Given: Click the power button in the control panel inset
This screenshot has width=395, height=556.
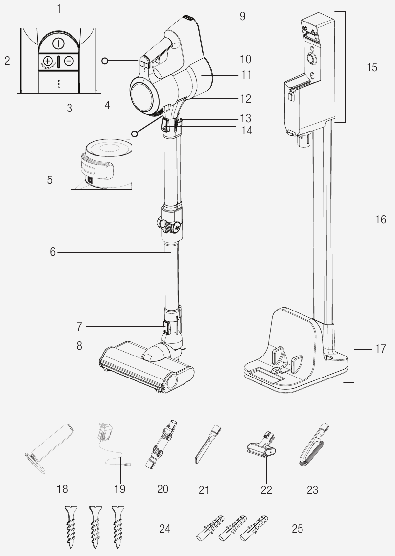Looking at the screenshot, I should (x=58, y=43).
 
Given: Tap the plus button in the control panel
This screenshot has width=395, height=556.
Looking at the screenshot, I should (x=48, y=61).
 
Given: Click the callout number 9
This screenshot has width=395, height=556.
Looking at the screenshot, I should (x=242, y=16).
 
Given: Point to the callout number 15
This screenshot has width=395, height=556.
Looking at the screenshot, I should (x=372, y=67).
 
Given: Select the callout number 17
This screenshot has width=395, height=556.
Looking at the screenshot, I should (x=380, y=349).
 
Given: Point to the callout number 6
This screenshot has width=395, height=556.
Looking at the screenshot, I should (x=53, y=252).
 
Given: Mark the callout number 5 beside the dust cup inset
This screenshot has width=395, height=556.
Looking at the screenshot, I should (x=50, y=180).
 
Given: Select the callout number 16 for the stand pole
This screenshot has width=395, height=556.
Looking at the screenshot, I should (x=380, y=220).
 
